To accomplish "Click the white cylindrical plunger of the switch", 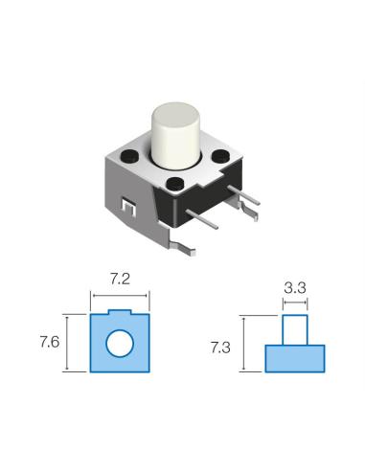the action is point(175,135).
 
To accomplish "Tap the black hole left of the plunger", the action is point(129,156).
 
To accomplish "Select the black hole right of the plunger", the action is point(220,156).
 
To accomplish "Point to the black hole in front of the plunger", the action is point(175,184).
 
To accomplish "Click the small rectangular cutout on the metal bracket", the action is point(128,208).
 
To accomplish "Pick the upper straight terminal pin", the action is point(244,195).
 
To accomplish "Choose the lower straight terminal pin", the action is point(202,219).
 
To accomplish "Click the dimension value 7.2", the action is point(120,280).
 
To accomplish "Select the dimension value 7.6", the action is point(50,343).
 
